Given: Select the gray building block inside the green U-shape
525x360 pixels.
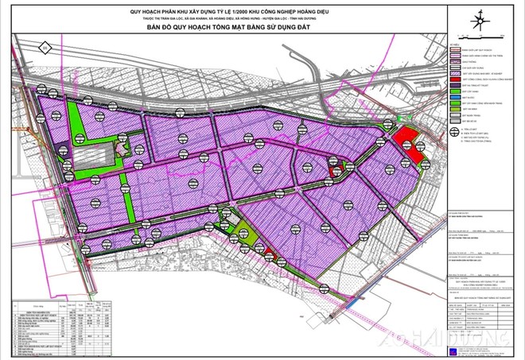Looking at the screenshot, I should (87, 159).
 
